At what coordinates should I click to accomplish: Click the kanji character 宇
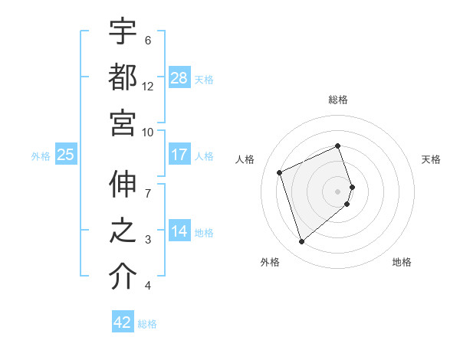pyautogui.click(x=123, y=33)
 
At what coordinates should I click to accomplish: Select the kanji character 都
pyautogui.click(x=123, y=77)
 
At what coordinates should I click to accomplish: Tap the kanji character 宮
pyautogui.click(x=123, y=122)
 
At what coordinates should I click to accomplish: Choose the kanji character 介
pyautogui.click(x=123, y=277)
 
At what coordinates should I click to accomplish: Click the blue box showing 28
pyautogui.click(x=179, y=77)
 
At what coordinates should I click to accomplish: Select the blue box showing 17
pyautogui.click(x=179, y=155)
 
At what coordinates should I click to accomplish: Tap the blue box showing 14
pyautogui.click(x=179, y=231)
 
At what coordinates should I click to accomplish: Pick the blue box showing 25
pyautogui.click(x=65, y=155)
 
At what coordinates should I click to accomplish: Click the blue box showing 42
pyautogui.click(x=123, y=322)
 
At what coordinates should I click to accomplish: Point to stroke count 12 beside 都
pyautogui.click(x=148, y=87)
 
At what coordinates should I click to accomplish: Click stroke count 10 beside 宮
pyautogui.click(x=148, y=131)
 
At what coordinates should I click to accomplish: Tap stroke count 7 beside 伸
pyautogui.click(x=148, y=183)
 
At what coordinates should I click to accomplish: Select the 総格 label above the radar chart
pyautogui.click(x=338, y=100)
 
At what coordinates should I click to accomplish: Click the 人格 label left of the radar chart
pyautogui.click(x=245, y=159)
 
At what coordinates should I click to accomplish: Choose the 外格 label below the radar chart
pyautogui.click(x=270, y=263)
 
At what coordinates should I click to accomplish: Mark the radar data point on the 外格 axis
pyautogui.click(x=302, y=241)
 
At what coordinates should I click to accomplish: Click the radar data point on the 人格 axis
pyautogui.click(x=281, y=172)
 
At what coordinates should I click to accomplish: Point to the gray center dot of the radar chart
pyautogui.click(x=338, y=191)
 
